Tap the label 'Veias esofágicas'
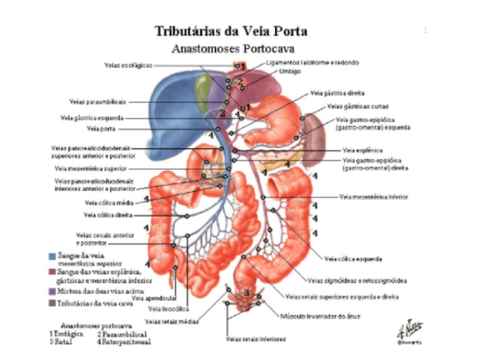[129, 66]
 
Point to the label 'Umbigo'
[291, 71]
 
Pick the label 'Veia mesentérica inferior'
[373, 197]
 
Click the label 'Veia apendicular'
[149, 299]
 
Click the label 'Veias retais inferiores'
[255, 339]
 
